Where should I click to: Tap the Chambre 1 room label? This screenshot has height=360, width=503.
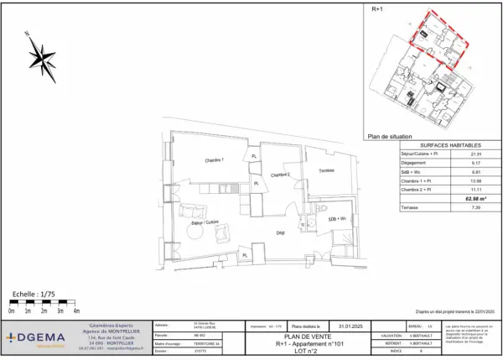point(215,161)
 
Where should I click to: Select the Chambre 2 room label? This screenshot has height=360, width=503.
point(279,175)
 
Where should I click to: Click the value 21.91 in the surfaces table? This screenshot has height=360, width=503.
point(476,154)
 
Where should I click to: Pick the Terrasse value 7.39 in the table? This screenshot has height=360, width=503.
point(476,207)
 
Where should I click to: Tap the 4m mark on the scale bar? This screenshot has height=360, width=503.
point(77,310)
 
